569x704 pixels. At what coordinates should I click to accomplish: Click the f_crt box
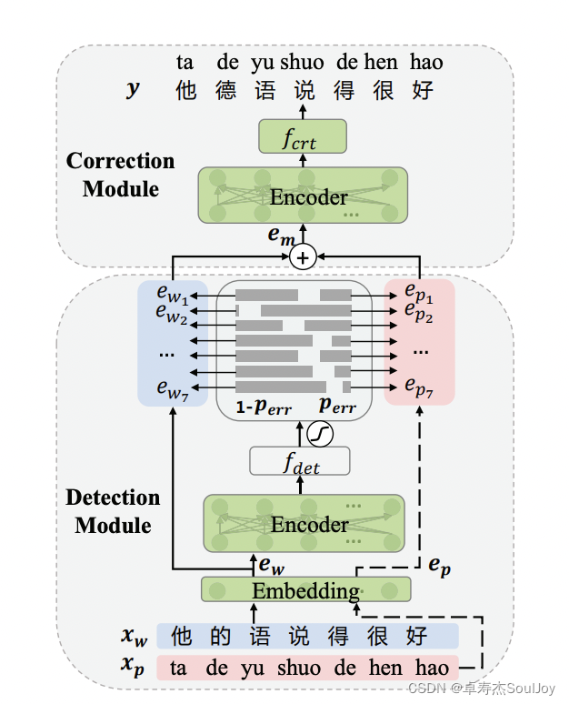click(303, 136)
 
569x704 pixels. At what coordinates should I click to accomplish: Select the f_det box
click(300, 461)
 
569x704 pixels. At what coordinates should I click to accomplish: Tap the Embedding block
click(306, 589)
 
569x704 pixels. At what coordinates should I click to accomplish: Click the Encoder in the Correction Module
click(303, 196)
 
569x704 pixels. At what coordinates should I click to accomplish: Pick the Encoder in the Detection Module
click(304, 524)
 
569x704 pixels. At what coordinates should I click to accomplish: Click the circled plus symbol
click(303, 257)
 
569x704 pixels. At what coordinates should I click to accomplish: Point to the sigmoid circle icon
click(320, 434)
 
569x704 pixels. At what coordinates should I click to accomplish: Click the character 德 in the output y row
click(225, 90)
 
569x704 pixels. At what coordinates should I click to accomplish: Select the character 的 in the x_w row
click(221, 636)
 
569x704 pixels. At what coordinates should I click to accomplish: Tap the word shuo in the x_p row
click(299, 668)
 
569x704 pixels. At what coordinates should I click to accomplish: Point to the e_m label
click(282, 236)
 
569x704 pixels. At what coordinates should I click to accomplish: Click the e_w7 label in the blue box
click(173, 389)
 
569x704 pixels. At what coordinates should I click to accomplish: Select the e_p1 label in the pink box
click(419, 293)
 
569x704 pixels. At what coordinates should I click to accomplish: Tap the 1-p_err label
click(264, 407)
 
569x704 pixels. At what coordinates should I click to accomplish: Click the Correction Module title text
click(120, 175)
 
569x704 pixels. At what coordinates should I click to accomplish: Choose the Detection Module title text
click(113, 511)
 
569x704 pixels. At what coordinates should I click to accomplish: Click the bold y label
click(134, 89)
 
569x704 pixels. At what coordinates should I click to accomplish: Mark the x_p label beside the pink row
click(133, 666)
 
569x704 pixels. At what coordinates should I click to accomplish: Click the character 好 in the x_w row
click(417, 636)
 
